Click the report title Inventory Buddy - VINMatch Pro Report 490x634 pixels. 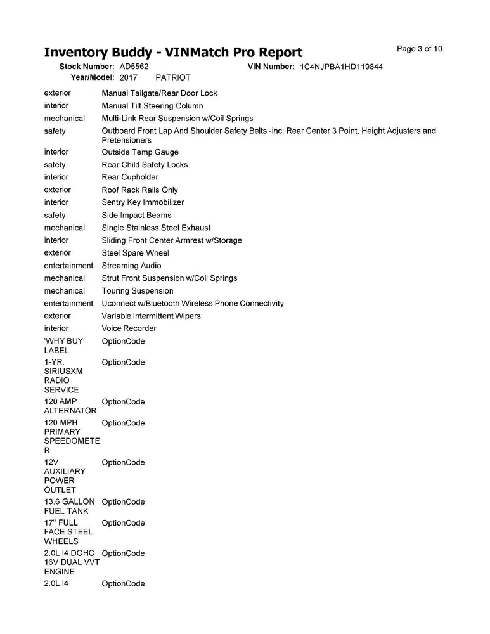tap(173, 52)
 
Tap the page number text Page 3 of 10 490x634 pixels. tap(419, 49)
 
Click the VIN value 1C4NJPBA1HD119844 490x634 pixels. tap(340, 67)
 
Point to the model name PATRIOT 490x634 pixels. tap(173, 77)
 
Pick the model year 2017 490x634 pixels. tap(128, 77)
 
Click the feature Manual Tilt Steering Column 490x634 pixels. tap(152, 106)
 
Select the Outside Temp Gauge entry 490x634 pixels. tap(140, 152)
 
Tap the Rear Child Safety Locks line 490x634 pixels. tap(145, 165)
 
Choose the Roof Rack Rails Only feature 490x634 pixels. tap(139, 190)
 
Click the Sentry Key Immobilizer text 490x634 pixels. tap(143, 202)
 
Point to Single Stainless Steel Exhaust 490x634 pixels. tap(156, 228)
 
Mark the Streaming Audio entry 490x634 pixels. tap(131, 266)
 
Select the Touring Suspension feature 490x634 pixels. tap(137, 291)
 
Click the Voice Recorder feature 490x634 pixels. tap(129, 328)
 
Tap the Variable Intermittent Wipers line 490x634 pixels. tap(151, 316)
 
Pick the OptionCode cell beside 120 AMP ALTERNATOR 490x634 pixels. tap(123, 402)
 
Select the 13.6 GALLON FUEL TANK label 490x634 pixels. tap(68, 507)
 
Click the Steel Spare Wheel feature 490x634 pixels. tap(135, 253)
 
